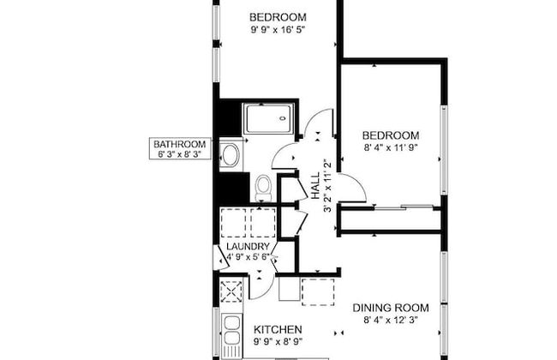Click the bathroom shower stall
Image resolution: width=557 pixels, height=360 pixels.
tap(269, 118)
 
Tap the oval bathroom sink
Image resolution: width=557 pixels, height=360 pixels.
tap(230, 155)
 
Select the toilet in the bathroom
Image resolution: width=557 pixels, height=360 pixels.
tap(264, 185)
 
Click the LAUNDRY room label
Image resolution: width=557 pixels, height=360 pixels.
tap(248, 246)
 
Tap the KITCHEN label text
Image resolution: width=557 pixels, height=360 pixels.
tap(277, 329)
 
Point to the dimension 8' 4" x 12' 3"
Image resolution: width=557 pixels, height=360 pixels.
tap(390, 323)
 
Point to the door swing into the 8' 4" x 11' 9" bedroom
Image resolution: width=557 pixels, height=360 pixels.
tap(354, 184)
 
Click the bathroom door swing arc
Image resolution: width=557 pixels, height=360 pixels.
tap(284, 157)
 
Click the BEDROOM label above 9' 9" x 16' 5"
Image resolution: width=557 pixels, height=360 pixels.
tap(278, 17)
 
